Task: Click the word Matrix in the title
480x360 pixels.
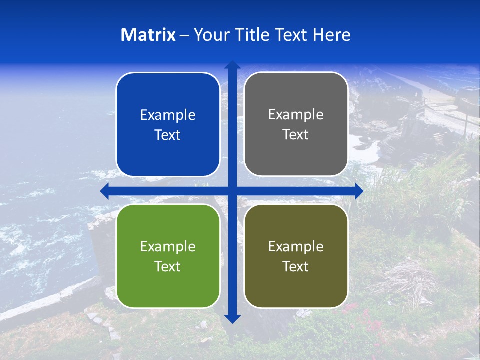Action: [148, 35]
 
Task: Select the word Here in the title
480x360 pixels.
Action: [331, 35]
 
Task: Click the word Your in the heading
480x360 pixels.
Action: [210, 35]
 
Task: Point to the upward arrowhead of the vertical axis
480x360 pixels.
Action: [232, 65]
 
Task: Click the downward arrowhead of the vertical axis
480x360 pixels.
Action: [232, 318]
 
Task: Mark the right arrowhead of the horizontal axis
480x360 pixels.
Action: [359, 191]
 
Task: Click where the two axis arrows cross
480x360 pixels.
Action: [232, 191]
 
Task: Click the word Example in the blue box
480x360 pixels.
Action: [168, 115]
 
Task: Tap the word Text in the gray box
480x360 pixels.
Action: [296, 135]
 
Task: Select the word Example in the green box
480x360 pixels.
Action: [168, 246]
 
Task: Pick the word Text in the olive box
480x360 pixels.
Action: [296, 266]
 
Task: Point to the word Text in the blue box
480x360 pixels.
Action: [168, 135]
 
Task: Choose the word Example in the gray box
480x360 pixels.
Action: [296, 115]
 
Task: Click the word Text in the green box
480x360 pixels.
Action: [168, 266]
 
